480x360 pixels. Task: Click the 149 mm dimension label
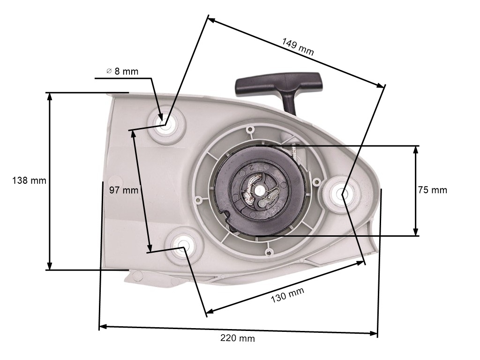[298, 46]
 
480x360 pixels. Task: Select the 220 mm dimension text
[238, 338]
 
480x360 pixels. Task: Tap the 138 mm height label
[29, 180]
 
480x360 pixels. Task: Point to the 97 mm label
[124, 190]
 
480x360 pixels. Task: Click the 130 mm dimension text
[287, 295]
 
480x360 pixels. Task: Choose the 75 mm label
[433, 190]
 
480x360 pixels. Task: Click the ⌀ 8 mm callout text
[122, 71]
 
